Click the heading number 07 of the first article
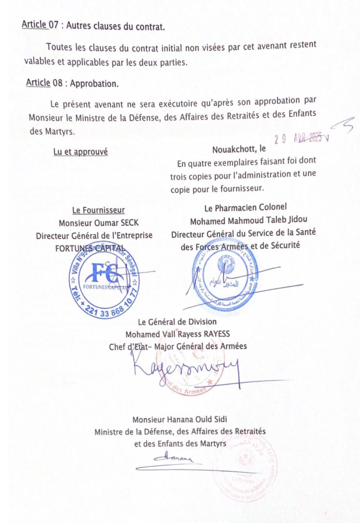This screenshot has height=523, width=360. coord(53,26)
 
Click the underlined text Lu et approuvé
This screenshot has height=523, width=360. coord(80,152)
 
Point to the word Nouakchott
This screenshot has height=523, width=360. coord(233,149)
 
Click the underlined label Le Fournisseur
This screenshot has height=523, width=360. coord(99,210)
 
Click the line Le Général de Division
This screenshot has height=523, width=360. coord(177,322)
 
